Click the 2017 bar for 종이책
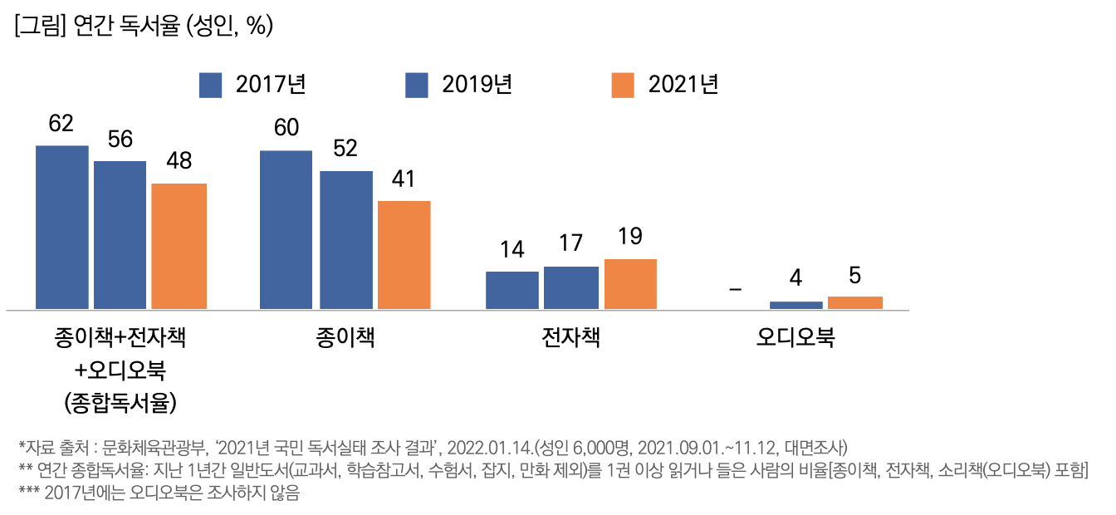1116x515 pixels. point(286,230)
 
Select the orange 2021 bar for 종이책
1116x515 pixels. point(404,255)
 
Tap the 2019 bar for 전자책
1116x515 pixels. point(571,288)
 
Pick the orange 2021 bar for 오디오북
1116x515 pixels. point(855,303)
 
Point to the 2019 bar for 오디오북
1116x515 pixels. point(796,306)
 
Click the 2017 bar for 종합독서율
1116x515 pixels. point(62,228)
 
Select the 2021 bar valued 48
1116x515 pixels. point(179,247)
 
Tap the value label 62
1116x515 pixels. point(61,124)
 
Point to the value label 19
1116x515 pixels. point(630,237)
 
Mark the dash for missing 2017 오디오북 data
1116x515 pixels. point(735,289)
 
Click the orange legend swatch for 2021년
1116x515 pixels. point(623,85)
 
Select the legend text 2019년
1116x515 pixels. point(477,85)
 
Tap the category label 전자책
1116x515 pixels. point(570,338)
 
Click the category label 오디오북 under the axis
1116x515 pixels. point(795,338)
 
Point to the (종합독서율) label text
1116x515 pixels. point(121,403)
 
